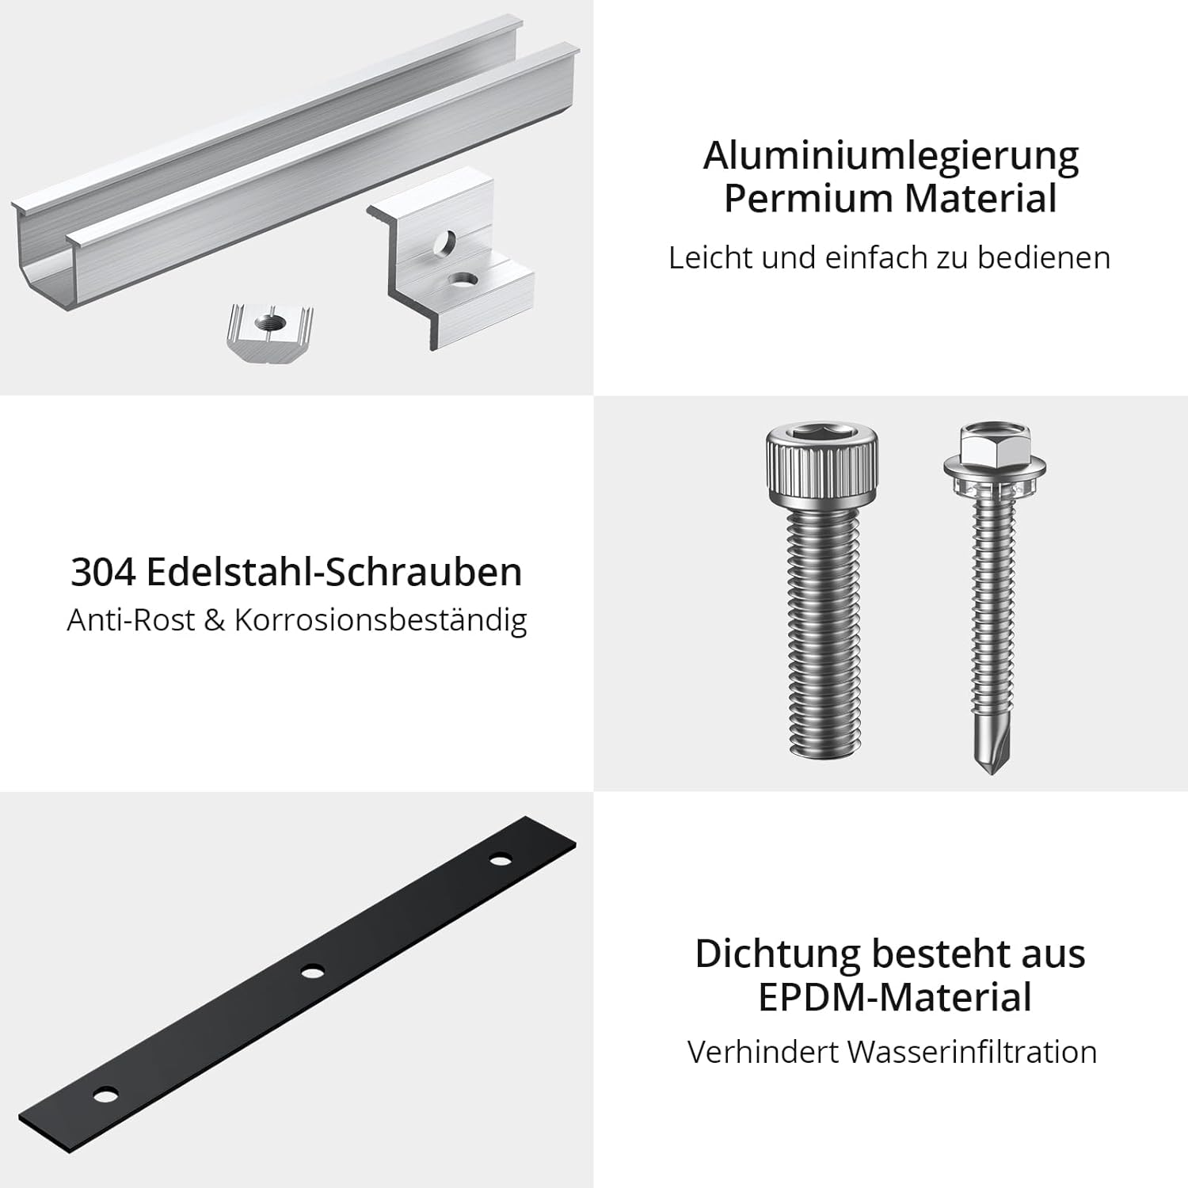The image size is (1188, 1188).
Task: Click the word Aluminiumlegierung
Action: pyautogui.click(x=890, y=157)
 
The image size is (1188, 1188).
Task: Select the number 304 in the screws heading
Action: pyautogui.click(x=103, y=573)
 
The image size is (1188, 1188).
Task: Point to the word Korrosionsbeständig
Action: pyautogui.click(x=380, y=620)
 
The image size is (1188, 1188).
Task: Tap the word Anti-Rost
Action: pyautogui.click(x=131, y=620)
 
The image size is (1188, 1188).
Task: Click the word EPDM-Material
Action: pyautogui.click(x=895, y=997)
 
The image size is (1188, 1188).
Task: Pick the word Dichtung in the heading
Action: pyautogui.click(x=777, y=954)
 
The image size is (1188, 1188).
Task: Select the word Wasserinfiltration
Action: pyautogui.click(x=972, y=1052)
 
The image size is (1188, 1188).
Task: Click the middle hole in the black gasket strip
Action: pyautogui.click(x=312, y=971)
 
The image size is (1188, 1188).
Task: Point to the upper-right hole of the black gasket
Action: pyautogui.click(x=501, y=860)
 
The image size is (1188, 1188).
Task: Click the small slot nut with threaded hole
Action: pyautogui.click(x=270, y=333)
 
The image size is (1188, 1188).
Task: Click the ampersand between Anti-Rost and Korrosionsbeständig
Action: pyautogui.click(x=215, y=620)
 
